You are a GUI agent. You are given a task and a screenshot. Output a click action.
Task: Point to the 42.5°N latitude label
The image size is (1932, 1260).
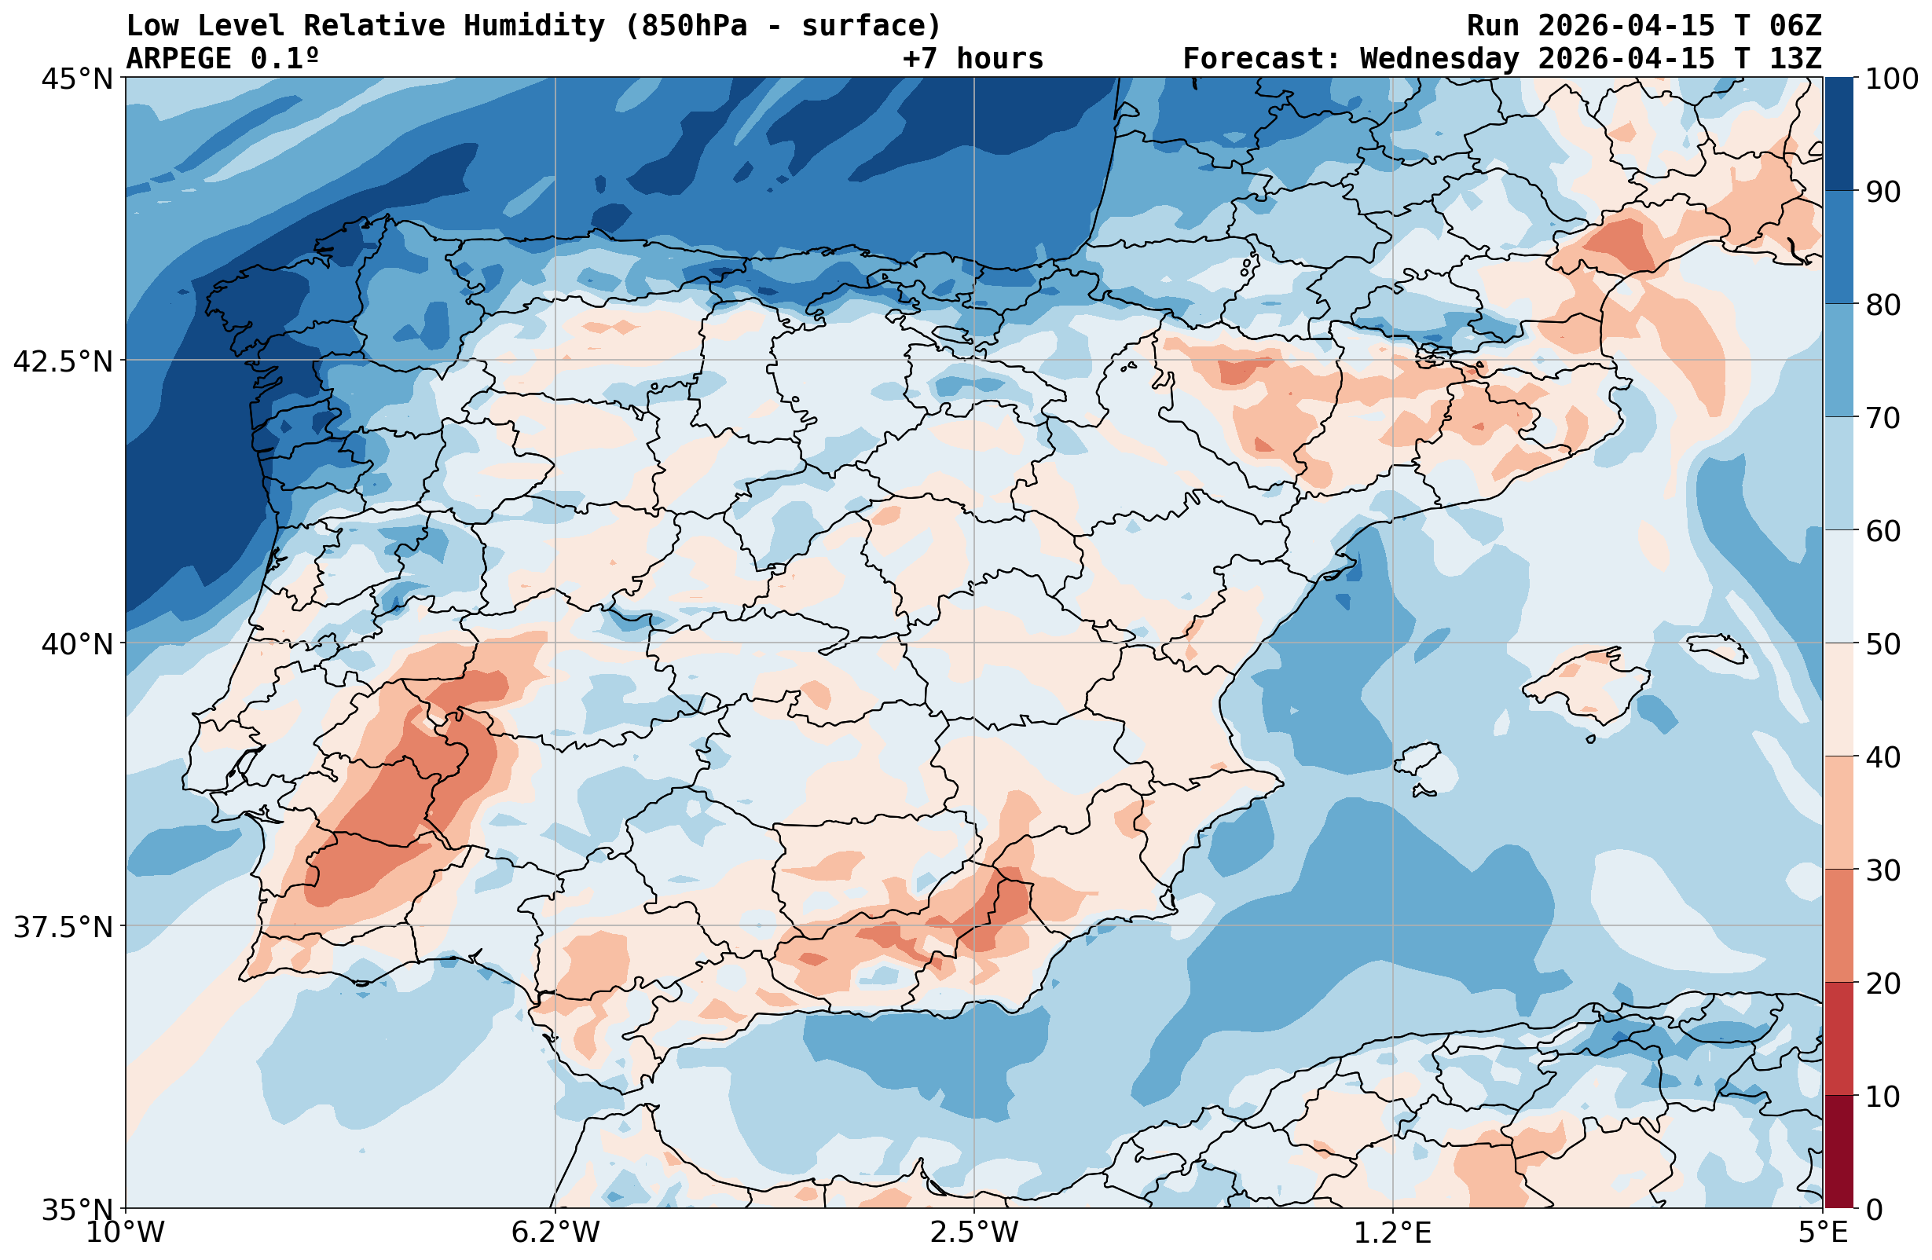[x=63, y=361]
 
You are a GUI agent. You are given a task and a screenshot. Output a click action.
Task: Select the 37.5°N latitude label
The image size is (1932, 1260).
[x=63, y=927]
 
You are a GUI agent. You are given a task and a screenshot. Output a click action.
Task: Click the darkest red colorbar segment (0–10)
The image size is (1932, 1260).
[x=1839, y=1153]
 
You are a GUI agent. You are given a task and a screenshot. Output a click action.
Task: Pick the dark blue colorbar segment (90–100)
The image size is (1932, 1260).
[x=1839, y=134]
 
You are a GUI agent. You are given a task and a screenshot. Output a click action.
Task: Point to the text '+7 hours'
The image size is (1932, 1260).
[x=973, y=58]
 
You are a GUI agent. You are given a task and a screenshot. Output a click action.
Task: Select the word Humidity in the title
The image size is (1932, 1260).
[x=534, y=26]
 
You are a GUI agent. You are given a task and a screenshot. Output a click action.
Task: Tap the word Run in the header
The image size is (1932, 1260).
[x=1492, y=26]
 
